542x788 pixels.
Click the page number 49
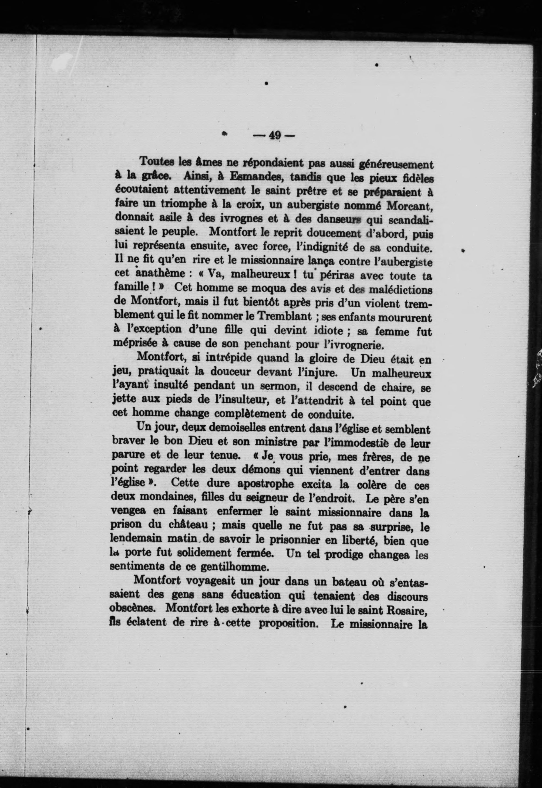pos(274,136)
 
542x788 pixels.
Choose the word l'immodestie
pos(372,443)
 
